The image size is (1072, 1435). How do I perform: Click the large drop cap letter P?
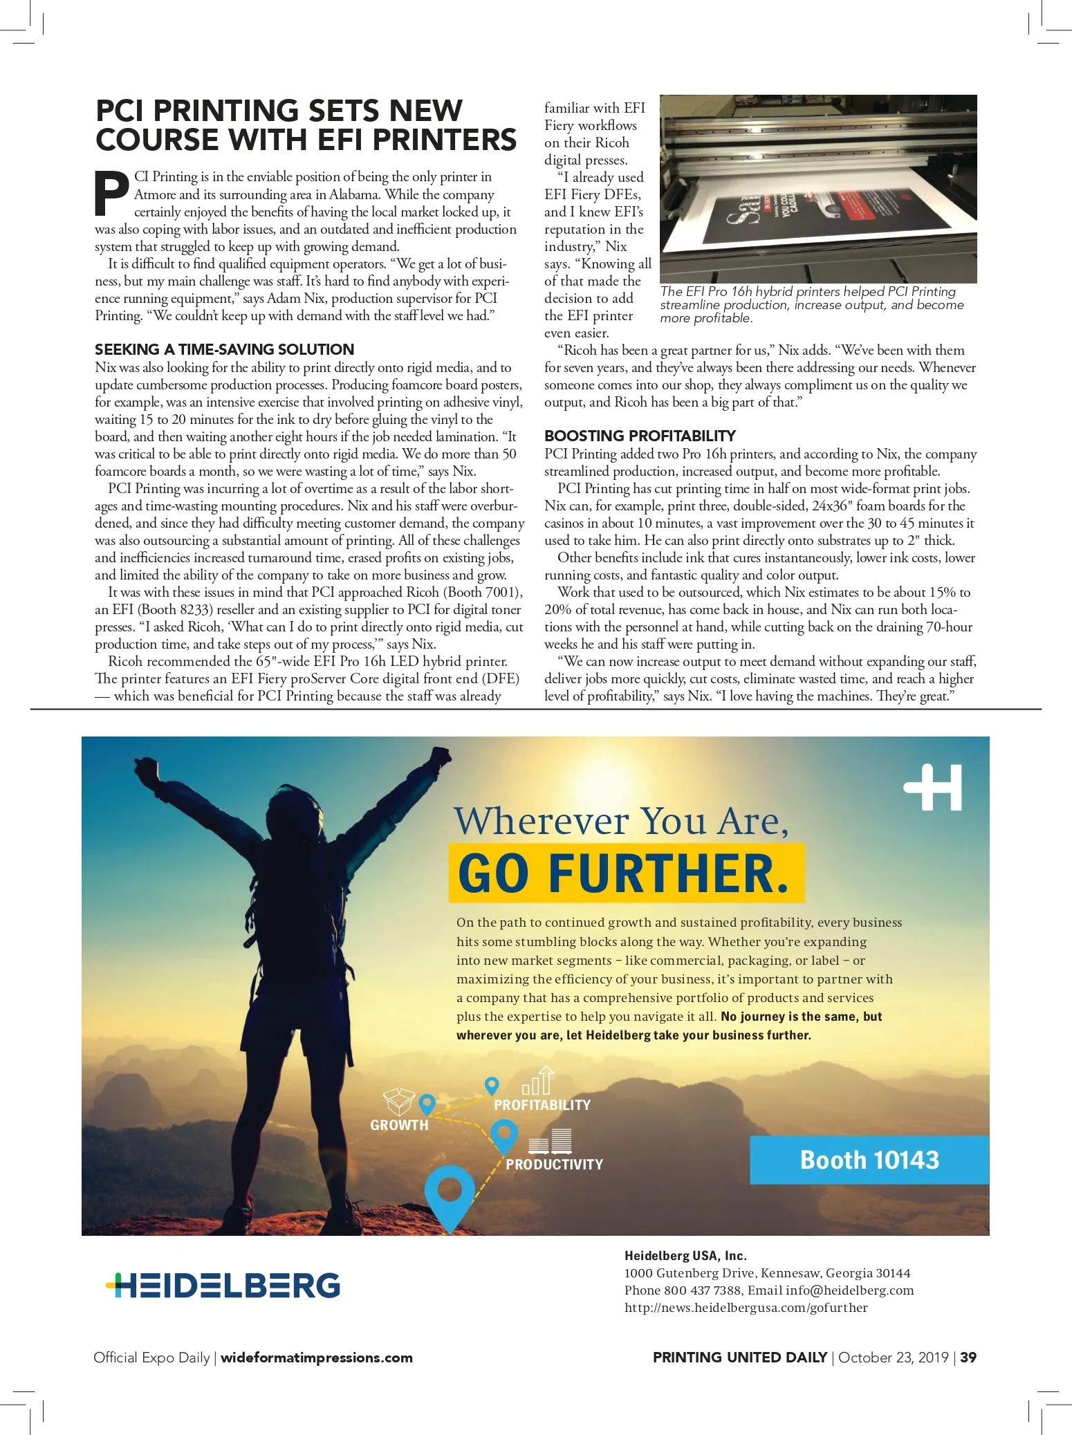112,194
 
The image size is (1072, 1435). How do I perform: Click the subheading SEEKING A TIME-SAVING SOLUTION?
224,349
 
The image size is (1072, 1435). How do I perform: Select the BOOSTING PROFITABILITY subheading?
640,436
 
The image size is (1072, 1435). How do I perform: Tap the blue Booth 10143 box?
869,1160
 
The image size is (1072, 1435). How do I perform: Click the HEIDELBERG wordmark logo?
223,1286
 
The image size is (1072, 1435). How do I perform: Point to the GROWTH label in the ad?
399,1125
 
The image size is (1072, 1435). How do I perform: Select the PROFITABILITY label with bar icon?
542,1104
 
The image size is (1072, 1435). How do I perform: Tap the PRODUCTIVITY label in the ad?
554,1164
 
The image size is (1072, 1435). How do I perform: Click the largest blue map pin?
450,1191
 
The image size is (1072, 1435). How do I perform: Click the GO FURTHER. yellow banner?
626,873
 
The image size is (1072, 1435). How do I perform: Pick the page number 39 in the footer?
968,1357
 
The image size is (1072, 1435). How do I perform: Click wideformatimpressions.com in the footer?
316,1358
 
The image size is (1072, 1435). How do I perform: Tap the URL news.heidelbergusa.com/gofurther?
746,1308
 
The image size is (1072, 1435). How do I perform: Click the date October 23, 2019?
893,1357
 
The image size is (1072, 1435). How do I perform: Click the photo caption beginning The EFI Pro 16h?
811,305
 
